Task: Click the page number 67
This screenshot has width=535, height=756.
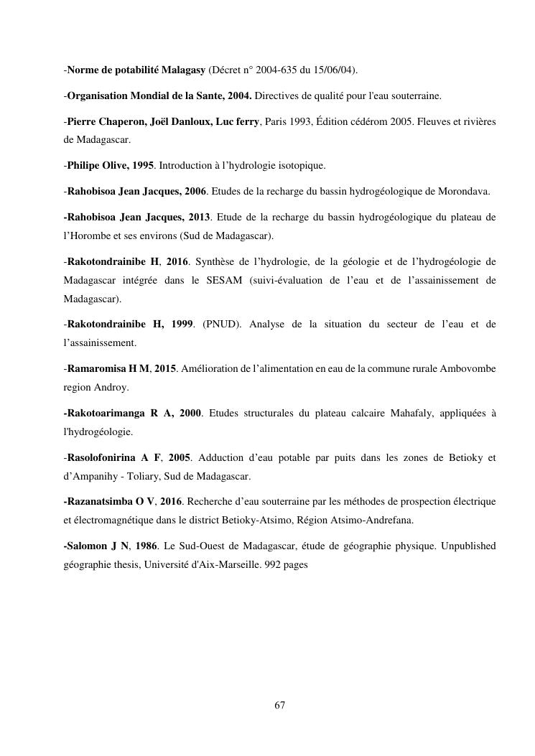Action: click(x=280, y=706)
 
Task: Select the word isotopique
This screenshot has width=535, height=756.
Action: click(x=300, y=166)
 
